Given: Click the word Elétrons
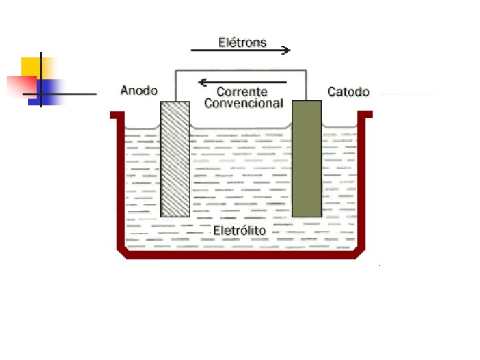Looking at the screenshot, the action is pos(243,43).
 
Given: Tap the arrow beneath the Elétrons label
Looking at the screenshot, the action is pos(240,50).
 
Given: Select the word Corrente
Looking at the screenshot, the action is pos(243,92).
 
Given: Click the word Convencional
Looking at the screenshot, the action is pos(243,103).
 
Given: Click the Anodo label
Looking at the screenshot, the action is pos(138,91).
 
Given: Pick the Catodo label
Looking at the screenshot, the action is pos(348,91).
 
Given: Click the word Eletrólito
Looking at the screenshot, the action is pos(240,231).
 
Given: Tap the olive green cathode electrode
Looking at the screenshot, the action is pos(307,159).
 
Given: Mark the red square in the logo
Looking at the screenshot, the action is pos(20,85).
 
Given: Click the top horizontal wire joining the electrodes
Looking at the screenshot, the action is pos(240,69).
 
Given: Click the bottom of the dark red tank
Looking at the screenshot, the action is pos(240,254).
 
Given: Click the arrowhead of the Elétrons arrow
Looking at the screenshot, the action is pos(286,50).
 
